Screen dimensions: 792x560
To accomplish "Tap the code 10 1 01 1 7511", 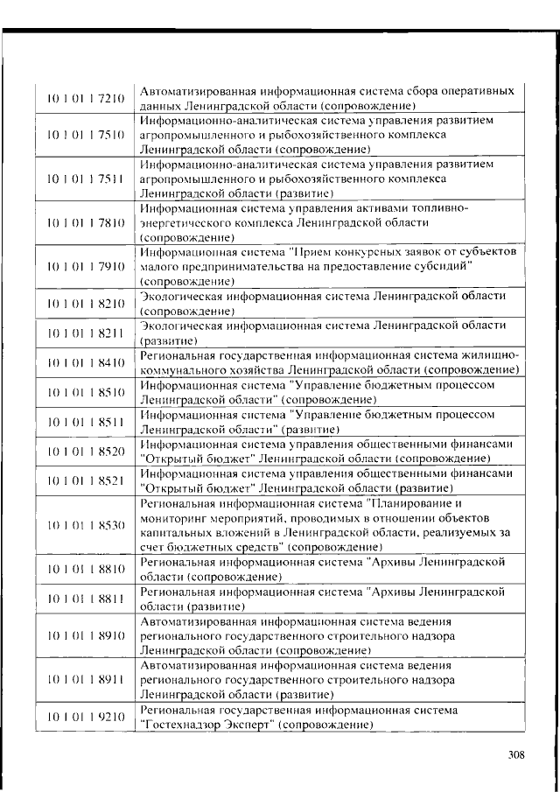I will (x=86, y=179).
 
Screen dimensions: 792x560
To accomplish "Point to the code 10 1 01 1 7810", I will (x=86, y=223).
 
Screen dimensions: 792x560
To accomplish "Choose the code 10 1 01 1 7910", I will (x=86, y=267).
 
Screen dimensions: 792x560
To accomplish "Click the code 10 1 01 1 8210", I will (x=86, y=304).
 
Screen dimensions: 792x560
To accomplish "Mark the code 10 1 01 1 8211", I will (x=86, y=333).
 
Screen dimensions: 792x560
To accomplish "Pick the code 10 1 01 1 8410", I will (x=86, y=362).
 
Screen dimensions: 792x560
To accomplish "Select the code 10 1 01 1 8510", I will (x=86, y=392).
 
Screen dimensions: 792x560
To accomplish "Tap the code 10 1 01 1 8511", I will (x=86, y=422).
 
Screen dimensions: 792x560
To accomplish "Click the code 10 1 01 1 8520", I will (x=86, y=451).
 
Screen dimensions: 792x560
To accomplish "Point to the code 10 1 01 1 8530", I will (x=86, y=525).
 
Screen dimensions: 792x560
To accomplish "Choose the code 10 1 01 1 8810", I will (x=86, y=570).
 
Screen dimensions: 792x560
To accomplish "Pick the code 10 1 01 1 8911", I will (x=86, y=679).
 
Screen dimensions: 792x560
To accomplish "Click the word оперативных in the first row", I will (x=471, y=90).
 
